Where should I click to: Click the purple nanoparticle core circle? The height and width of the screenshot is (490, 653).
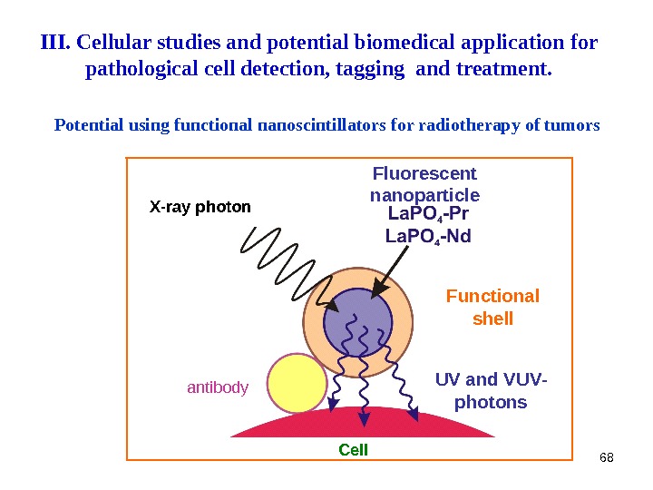pos(357,326)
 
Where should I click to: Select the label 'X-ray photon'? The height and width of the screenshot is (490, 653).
pos(200,207)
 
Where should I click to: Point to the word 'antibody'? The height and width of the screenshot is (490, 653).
pos(218,387)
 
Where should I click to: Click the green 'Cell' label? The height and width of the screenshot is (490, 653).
pos(353,449)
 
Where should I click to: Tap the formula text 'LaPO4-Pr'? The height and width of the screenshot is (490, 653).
pos(428,214)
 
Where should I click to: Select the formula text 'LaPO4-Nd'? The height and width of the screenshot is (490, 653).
pos(428,236)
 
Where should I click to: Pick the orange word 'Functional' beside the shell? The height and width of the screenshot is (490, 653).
pos(492,297)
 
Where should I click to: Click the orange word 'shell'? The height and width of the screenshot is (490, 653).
pos(493,318)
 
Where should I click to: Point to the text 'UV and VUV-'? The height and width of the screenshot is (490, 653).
pos(492,379)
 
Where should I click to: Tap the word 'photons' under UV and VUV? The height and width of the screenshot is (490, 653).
pos(491,402)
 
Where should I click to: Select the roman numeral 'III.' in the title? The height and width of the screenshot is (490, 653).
pos(57,43)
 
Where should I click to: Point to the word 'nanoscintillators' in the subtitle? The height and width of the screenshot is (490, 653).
pos(322,125)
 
